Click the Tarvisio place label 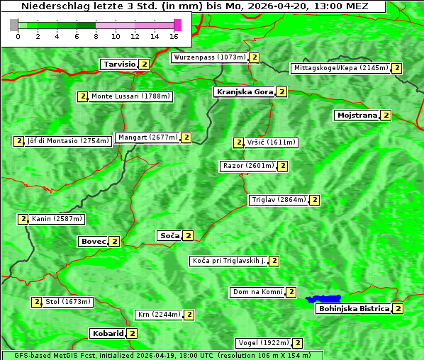(119, 64)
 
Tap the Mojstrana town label (357, 115)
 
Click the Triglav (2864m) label (279, 200)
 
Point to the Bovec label (93, 241)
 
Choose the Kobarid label (107, 333)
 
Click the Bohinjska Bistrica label (354, 308)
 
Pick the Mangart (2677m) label (147, 137)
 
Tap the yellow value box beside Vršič (238, 142)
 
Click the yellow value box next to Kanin (23, 219)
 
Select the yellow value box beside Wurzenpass (255, 57)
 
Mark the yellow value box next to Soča (188, 235)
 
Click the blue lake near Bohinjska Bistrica (323, 299)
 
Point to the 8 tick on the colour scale (96, 35)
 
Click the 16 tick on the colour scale (174, 35)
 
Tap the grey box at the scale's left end (13, 25)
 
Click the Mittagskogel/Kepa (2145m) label (340, 68)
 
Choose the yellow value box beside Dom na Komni (291, 292)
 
